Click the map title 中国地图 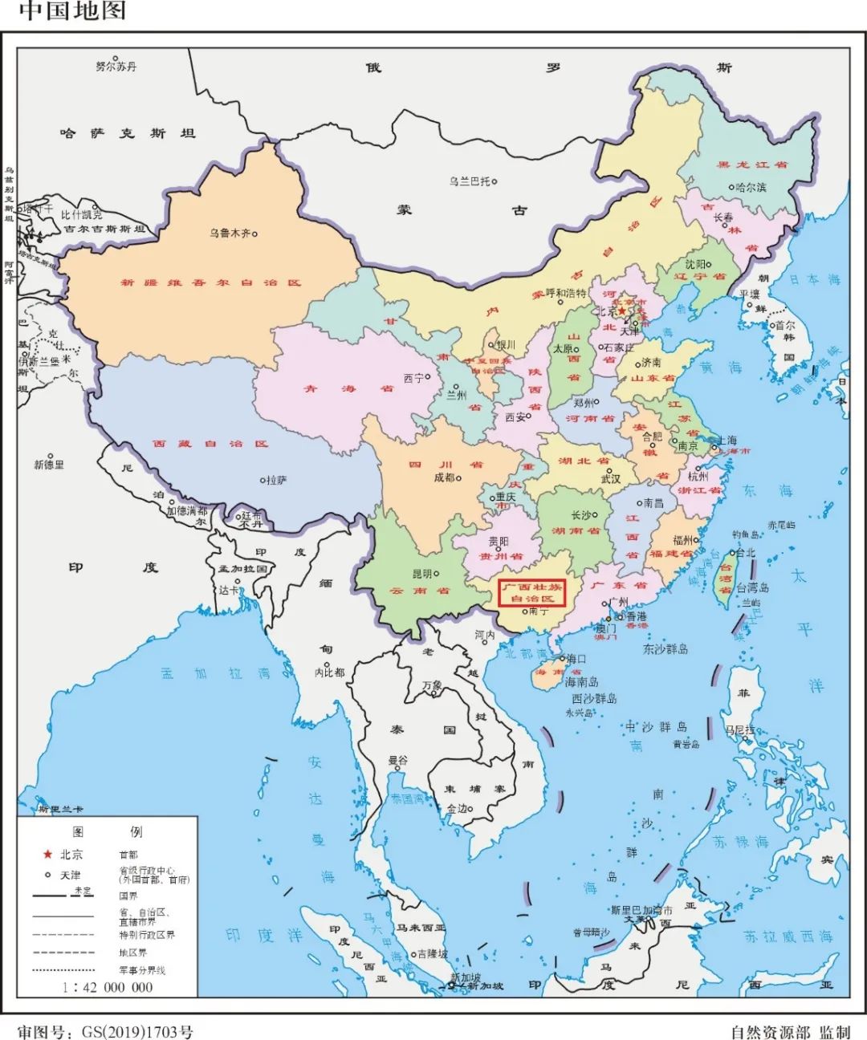point(72,11)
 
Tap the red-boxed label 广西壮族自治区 point(532,592)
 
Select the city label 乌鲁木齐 point(230,234)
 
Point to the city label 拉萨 point(275,480)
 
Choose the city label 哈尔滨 point(751,187)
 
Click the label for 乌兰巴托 point(470,181)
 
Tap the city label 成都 point(444,477)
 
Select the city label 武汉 point(611,478)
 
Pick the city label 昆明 point(422,574)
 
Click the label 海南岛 point(581,682)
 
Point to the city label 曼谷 point(398,760)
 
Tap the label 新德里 point(49,465)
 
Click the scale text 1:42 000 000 point(108,987)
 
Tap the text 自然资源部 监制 point(790,1031)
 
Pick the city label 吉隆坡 point(433,954)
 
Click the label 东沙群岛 point(665,648)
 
